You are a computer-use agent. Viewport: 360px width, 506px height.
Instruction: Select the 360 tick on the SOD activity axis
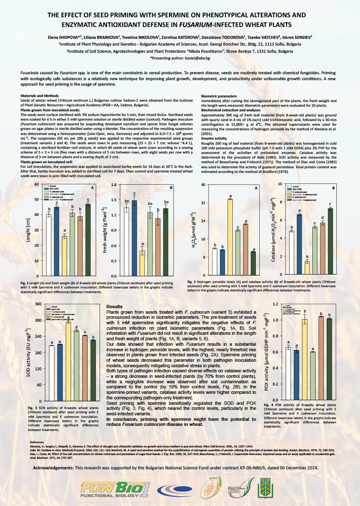point(37,304)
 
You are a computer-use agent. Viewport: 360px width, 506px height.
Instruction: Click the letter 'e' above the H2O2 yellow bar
point(231,196)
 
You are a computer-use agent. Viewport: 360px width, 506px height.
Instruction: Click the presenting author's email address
point(192,57)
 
